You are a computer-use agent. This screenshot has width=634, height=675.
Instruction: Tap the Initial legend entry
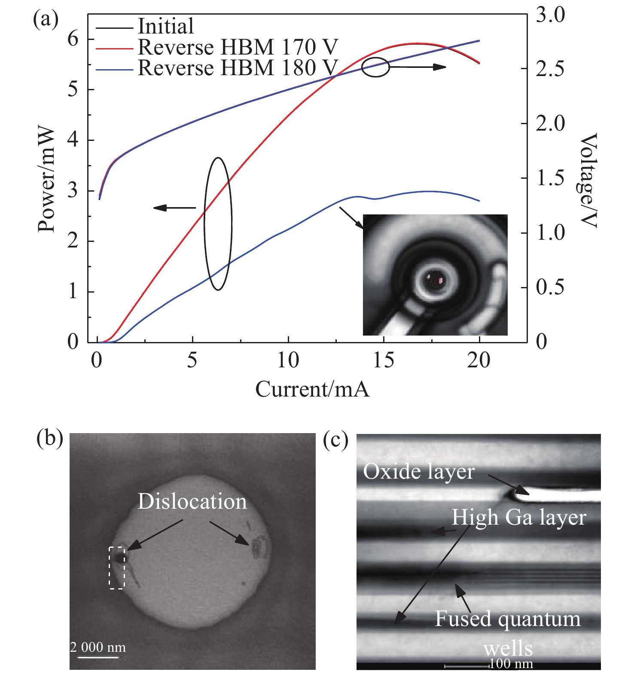pos(165,26)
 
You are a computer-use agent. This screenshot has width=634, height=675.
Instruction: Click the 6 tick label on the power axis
pos(73,39)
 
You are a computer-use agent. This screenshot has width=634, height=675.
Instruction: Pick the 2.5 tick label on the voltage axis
pos(550,69)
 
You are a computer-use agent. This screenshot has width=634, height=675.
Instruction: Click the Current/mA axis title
pos(312,389)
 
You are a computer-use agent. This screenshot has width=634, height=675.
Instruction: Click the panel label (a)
pos(46,20)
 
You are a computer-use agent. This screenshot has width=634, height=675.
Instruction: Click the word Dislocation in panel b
pos(192,501)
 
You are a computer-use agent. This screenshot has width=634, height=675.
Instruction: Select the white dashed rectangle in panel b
pos(117,568)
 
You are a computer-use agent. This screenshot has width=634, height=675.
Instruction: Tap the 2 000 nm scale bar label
pos(98,647)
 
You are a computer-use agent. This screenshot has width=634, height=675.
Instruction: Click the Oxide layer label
pos(419,471)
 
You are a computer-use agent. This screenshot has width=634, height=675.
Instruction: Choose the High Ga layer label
pos(518,517)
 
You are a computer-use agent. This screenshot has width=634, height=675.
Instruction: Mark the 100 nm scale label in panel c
pos(511,663)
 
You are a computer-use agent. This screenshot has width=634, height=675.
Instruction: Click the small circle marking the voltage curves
pos(375,67)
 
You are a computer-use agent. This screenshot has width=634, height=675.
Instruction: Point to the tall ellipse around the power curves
pos(218,223)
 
